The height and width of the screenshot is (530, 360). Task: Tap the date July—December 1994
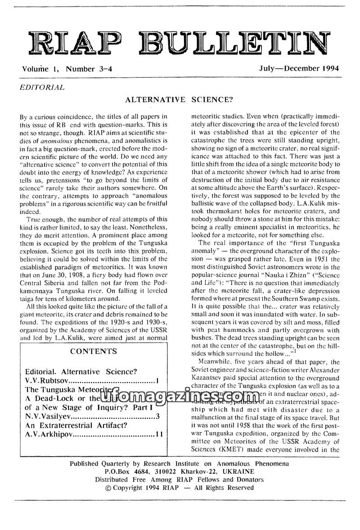(x=299, y=69)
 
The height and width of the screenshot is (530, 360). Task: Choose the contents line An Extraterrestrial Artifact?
(x=77, y=425)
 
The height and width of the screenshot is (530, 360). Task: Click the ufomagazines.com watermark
(x=176, y=396)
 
